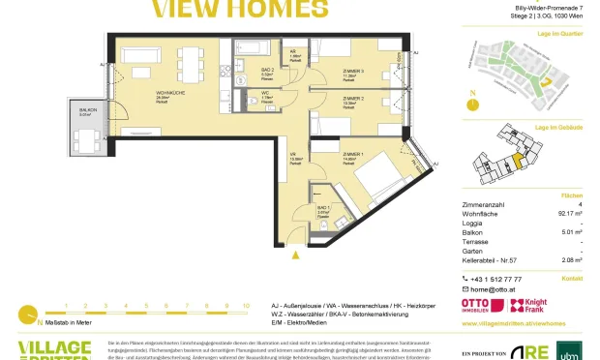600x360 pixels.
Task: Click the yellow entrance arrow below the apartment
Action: point(294,254)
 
